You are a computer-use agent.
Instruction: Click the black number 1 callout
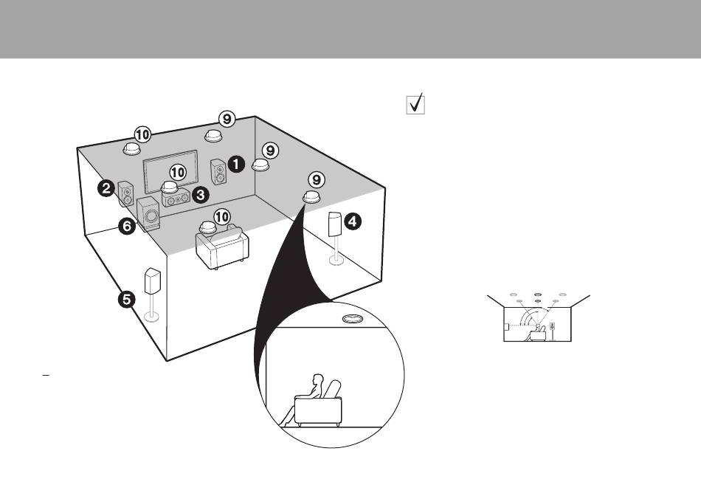coord(236,164)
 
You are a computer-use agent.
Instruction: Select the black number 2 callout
coord(106,188)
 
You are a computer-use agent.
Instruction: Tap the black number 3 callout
coord(200,195)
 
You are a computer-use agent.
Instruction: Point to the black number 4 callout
coord(353,221)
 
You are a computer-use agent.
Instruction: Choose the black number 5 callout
coord(126,299)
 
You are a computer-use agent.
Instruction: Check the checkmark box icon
coord(415,104)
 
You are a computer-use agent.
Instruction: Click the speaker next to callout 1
coord(218,172)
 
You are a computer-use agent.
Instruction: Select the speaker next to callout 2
coord(126,193)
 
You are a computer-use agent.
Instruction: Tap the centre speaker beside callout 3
coord(176,198)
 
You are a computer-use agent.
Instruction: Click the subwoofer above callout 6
coord(148,214)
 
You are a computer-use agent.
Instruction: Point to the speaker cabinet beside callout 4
coord(335,224)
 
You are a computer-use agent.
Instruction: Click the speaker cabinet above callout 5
coord(153,281)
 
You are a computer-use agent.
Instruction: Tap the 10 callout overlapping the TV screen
coord(178,172)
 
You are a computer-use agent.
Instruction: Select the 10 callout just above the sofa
coord(222,217)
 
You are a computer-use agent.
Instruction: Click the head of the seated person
coord(318,379)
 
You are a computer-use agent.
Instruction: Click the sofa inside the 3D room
coord(222,247)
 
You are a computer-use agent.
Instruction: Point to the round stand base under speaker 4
coord(336,260)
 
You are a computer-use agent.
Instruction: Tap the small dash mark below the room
coord(46,375)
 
